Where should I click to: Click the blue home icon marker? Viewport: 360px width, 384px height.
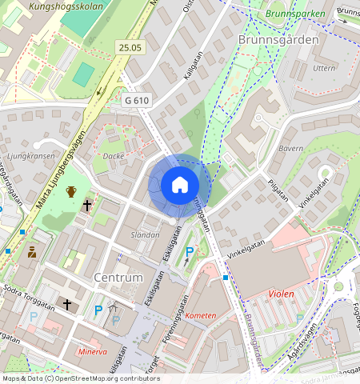(x=180, y=186)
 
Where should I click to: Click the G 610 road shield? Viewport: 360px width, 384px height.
(x=138, y=100)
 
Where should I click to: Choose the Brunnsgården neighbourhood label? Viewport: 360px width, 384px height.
(x=278, y=38)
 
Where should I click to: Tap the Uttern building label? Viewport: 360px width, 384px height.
(x=324, y=69)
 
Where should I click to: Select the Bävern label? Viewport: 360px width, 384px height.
(x=290, y=149)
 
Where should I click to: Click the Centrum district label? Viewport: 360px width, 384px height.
(x=118, y=278)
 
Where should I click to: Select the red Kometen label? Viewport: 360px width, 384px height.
(x=200, y=315)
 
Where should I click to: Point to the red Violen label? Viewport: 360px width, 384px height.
(x=281, y=294)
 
